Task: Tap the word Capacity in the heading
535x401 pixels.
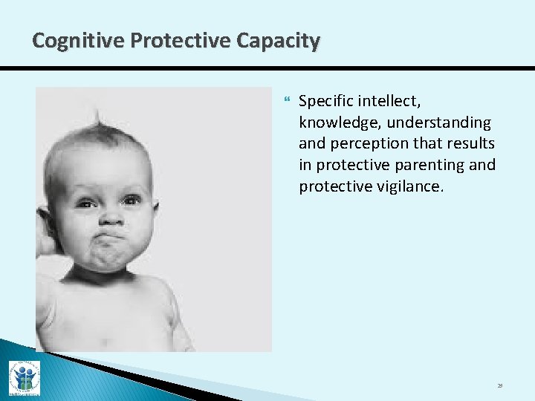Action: tap(278, 40)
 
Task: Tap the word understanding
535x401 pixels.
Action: tap(441, 122)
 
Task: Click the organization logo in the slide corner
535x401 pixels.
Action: tap(24, 378)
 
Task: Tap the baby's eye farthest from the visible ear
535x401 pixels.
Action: tap(132, 199)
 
